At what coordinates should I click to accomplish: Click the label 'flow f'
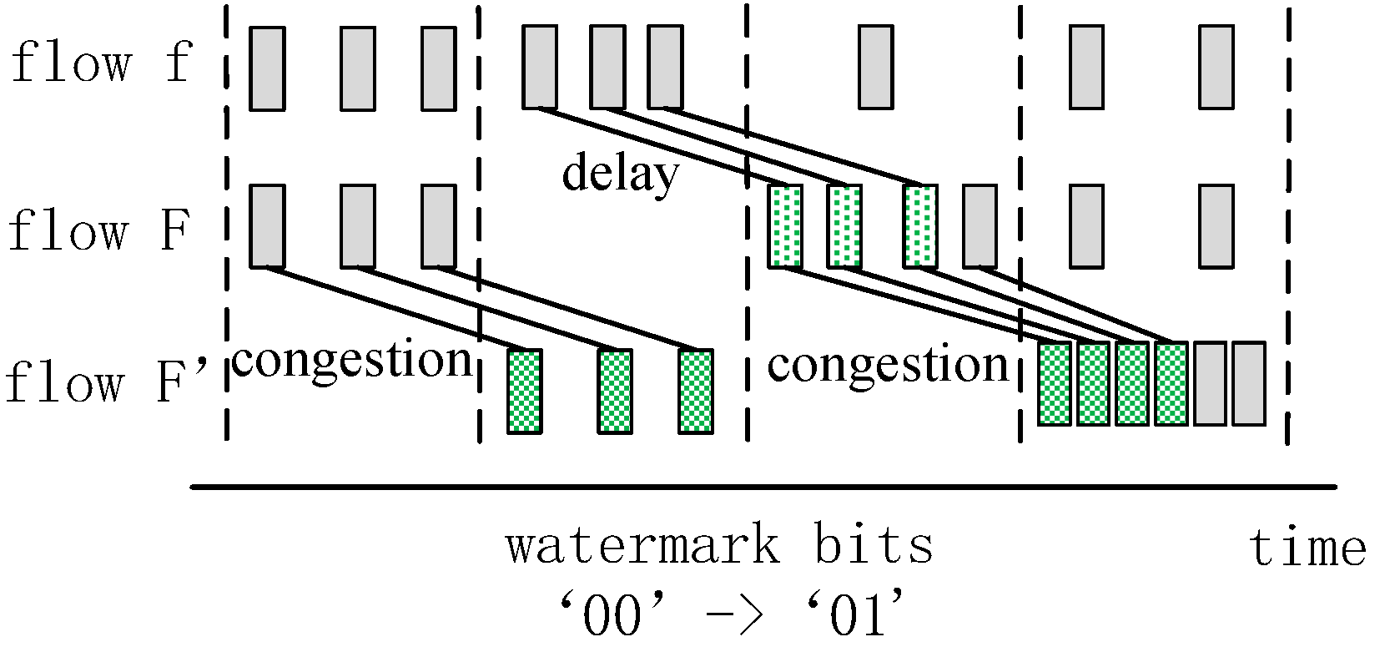tap(100, 63)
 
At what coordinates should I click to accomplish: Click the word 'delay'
tap(620, 175)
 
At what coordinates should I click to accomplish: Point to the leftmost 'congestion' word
tap(352, 359)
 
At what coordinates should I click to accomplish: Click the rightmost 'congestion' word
tap(888, 364)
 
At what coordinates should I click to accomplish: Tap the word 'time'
tap(1307, 549)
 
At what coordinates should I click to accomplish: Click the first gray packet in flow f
tap(268, 68)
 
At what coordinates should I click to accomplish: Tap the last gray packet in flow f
tap(1216, 68)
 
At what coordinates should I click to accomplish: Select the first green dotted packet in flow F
tap(785, 226)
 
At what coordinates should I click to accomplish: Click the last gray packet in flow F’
tap(1249, 383)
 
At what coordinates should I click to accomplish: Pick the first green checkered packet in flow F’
tap(525, 391)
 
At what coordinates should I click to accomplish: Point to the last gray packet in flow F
tap(1216, 226)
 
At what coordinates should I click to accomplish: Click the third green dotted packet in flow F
tap(920, 226)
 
